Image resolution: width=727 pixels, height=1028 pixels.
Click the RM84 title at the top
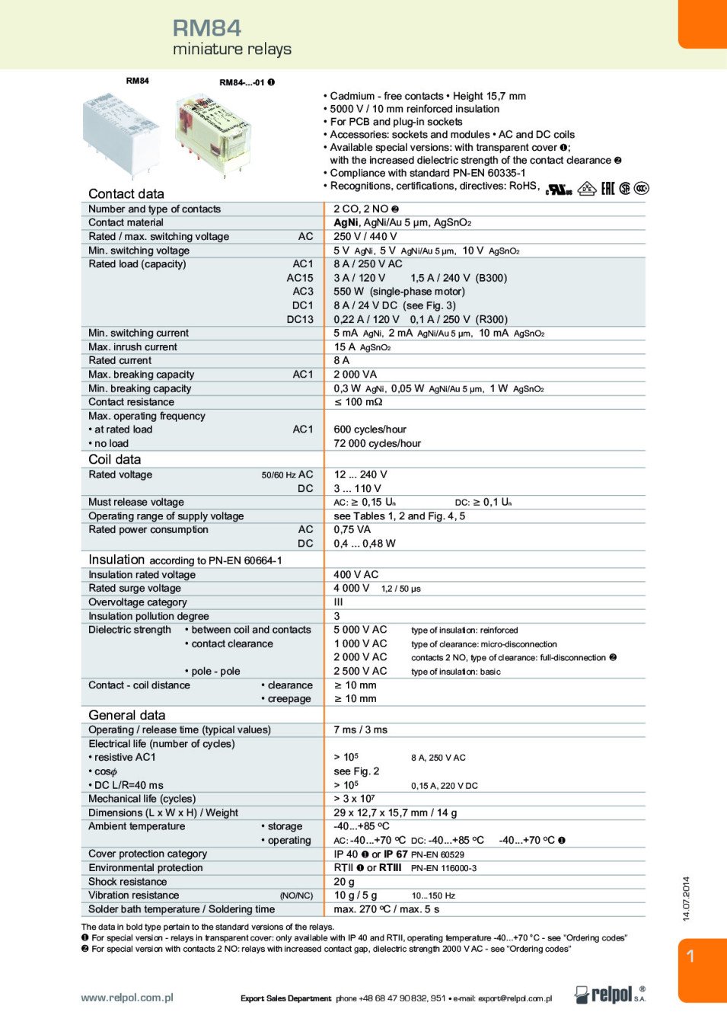[x=206, y=28]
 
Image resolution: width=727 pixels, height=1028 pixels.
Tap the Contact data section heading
[x=126, y=194]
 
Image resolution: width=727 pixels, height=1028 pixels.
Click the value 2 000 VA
[x=355, y=375]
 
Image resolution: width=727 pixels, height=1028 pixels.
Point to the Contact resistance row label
[x=131, y=402]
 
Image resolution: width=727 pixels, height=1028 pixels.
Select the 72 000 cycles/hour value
[x=377, y=443]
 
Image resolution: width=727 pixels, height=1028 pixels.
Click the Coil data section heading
[x=114, y=459]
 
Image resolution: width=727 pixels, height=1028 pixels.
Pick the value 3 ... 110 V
[x=357, y=488]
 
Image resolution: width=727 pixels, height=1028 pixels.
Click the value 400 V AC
[x=356, y=574]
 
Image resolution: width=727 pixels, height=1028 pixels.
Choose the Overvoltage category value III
[x=338, y=602]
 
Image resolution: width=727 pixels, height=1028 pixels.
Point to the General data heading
[x=126, y=715]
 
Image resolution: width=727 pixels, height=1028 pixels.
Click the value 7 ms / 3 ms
[x=360, y=729]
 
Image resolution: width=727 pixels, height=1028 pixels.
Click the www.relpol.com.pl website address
[x=127, y=998]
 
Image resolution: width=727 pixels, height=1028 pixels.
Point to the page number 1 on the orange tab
[x=690, y=956]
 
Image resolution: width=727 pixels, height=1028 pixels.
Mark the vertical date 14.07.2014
[x=686, y=899]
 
